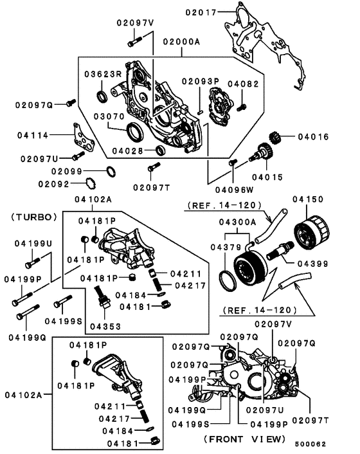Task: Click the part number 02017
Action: point(203,12)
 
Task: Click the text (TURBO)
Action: point(35,217)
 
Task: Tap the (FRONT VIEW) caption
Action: point(244,439)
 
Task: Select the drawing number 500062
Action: point(311,444)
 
